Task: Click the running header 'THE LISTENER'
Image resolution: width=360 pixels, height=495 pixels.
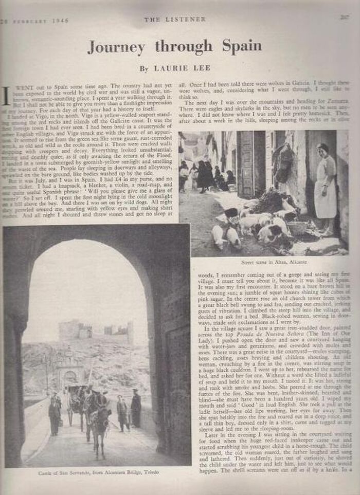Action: (x=174, y=20)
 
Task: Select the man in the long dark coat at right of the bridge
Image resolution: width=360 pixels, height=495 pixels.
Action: (x=136, y=409)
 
